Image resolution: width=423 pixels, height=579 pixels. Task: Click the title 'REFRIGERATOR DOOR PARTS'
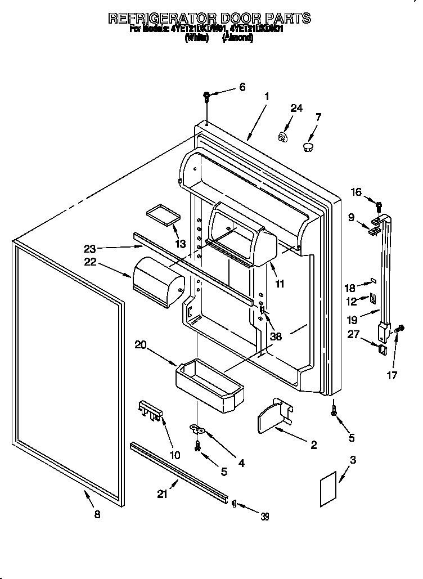(x=209, y=17)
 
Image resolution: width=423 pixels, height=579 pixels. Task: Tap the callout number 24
(x=296, y=109)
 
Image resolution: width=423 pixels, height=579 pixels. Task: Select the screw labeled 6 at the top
(x=207, y=97)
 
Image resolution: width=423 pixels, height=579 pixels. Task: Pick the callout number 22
(x=91, y=262)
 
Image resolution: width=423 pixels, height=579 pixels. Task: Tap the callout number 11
(x=280, y=284)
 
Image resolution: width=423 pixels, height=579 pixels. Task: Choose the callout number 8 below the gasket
(x=97, y=514)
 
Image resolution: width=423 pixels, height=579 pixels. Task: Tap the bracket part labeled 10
(x=150, y=411)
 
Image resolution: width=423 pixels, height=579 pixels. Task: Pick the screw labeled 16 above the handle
(x=379, y=207)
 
